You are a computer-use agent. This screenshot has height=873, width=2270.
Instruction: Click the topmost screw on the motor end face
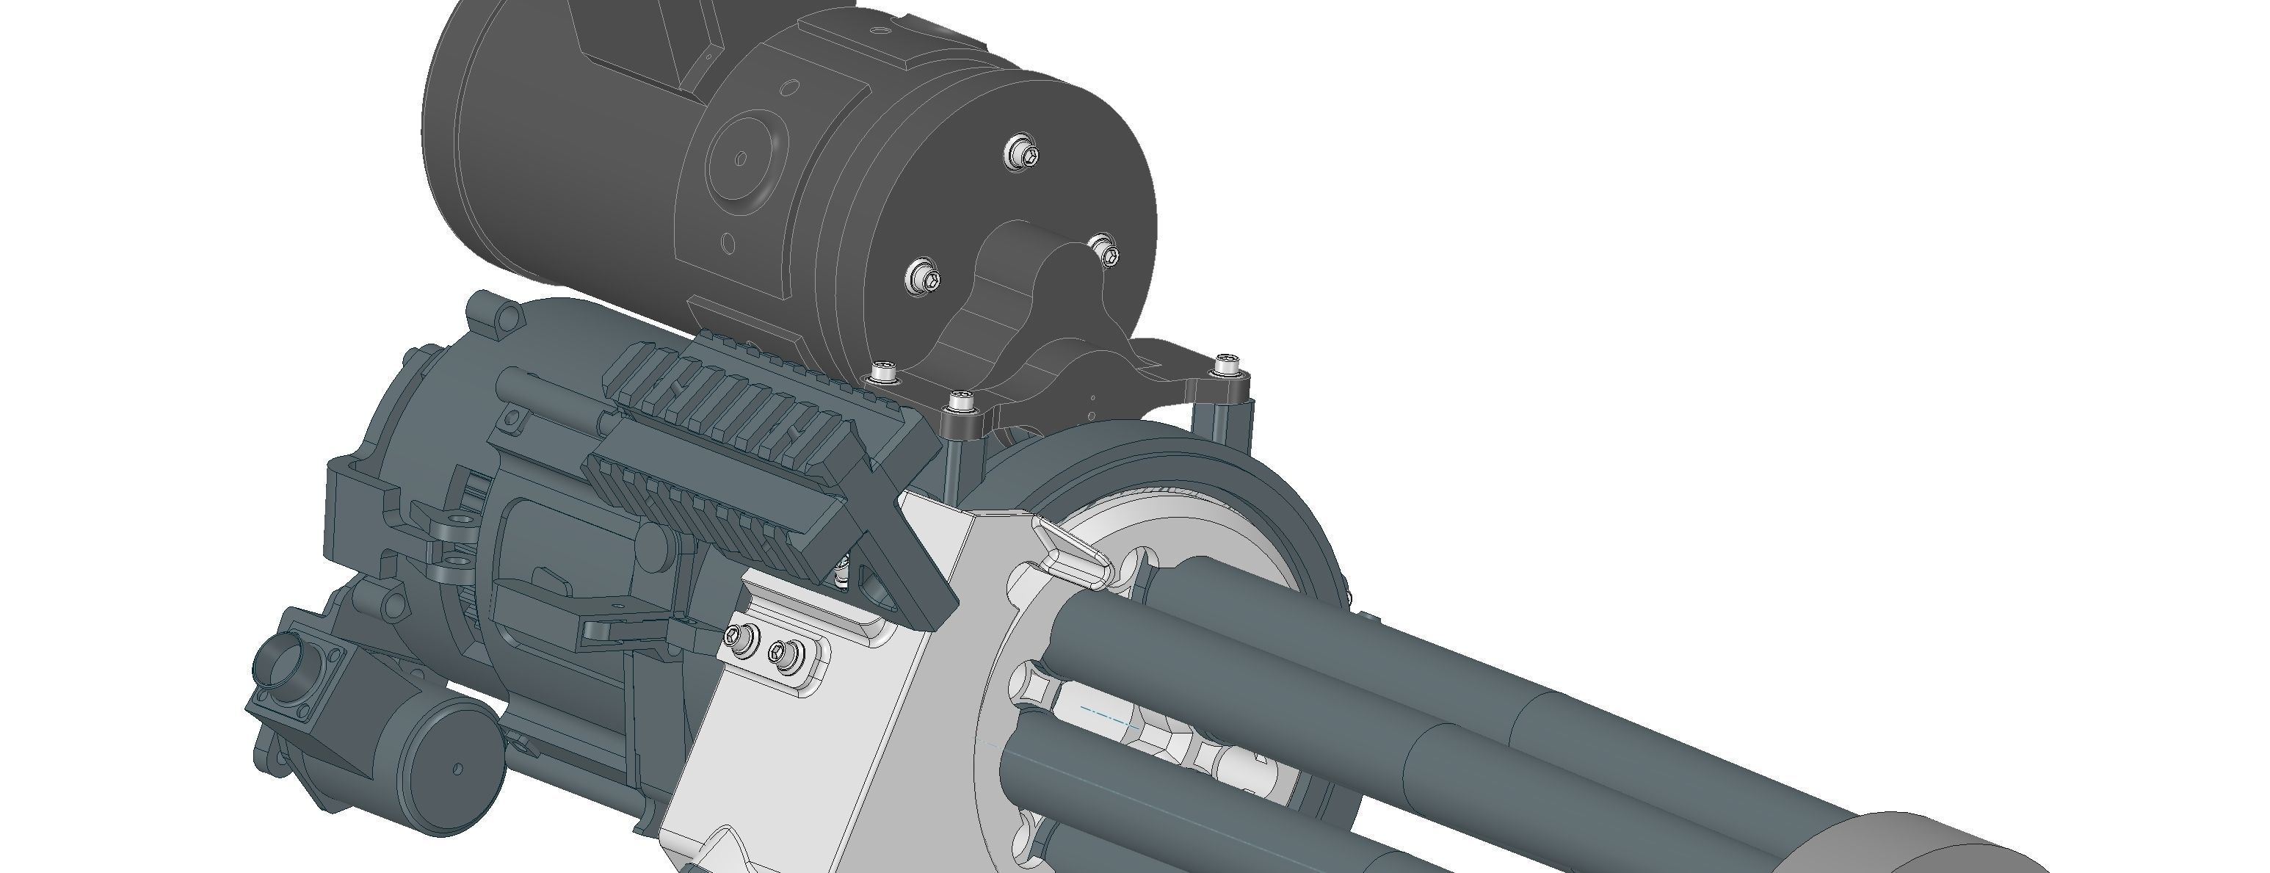click(1022, 153)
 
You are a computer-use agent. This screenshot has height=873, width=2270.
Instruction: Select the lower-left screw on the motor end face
click(922, 278)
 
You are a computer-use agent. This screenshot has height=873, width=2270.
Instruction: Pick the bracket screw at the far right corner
click(1227, 362)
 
